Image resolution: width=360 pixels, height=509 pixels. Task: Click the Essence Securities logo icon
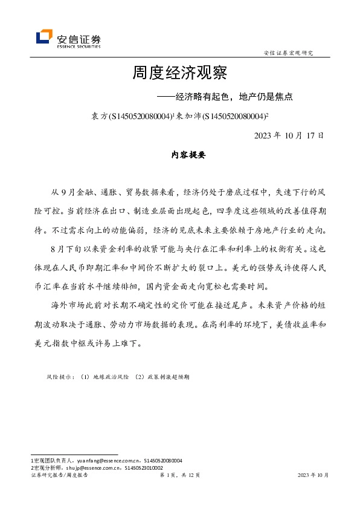pos(45,37)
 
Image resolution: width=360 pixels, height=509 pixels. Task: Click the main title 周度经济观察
pos(179,74)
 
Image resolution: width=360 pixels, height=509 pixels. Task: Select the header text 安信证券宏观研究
pos(289,53)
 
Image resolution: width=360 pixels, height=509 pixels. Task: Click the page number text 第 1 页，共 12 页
pos(179,475)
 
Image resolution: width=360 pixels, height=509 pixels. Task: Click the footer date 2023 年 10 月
pos(313,475)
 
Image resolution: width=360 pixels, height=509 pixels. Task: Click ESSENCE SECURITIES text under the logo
pos(79,45)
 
